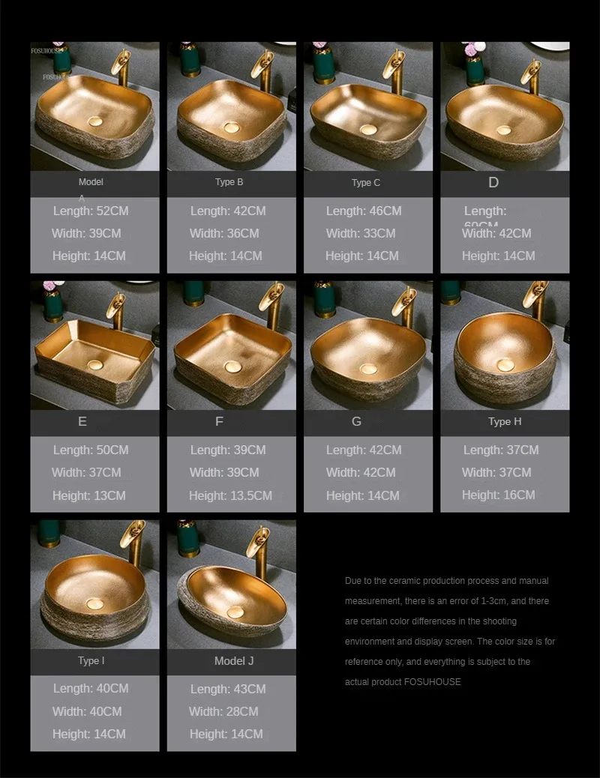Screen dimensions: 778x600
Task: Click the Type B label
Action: click(x=229, y=182)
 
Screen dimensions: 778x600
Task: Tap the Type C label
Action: click(x=366, y=183)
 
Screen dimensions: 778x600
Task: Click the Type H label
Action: click(x=505, y=421)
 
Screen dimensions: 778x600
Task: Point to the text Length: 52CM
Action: click(x=91, y=211)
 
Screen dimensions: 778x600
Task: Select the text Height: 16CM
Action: click(x=499, y=495)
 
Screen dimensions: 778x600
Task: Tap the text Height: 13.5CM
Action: click(x=230, y=495)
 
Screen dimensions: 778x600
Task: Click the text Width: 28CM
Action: click(x=223, y=711)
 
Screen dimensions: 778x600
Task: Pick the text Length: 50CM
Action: click(x=91, y=450)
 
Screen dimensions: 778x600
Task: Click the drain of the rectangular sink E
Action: click(x=94, y=364)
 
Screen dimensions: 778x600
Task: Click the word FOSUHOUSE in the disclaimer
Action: click(x=433, y=682)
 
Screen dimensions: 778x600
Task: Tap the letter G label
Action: click(x=356, y=421)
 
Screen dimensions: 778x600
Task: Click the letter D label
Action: click(x=493, y=182)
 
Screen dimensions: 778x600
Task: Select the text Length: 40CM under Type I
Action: click(x=91, y=688)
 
